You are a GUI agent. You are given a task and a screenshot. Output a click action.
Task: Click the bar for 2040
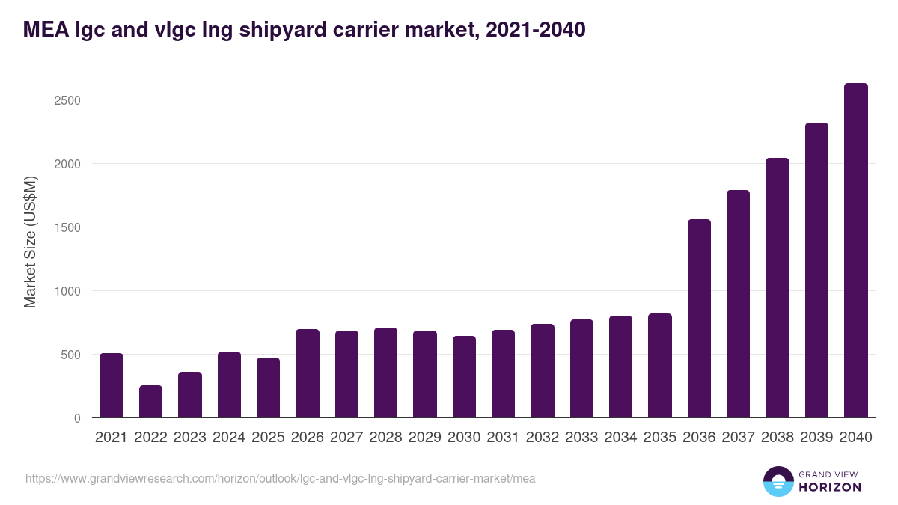click(855, 251)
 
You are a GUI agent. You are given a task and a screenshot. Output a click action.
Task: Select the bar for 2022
click(150, 402)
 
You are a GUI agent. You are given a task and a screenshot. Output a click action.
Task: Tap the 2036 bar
click(699, 319)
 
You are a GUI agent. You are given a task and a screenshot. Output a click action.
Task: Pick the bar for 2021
click(112, 385)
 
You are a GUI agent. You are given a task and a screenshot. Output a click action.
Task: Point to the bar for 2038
click(778, 288)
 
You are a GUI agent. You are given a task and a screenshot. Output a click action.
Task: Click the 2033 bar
click(581, 369)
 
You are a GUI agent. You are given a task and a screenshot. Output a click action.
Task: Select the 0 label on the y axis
click(76, 418)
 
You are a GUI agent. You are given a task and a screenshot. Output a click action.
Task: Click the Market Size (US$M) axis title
click(30, 241)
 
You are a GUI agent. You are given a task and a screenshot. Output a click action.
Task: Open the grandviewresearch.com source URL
click(281, 478)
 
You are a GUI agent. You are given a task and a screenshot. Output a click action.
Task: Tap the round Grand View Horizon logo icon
click(778, 481)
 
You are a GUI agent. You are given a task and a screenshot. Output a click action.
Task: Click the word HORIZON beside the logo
click(830, 487)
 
